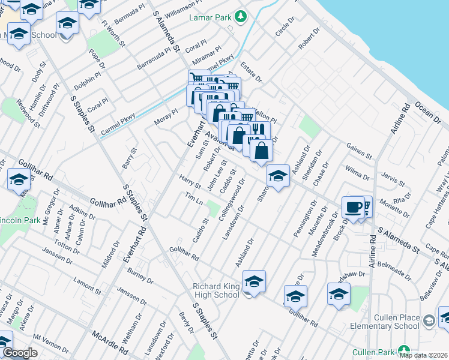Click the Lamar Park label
[210, 18]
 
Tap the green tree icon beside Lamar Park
[241, 17]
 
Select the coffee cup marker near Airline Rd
[353, 207]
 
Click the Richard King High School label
[215, 290]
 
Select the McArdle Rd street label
[110, 341]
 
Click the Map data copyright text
[424, 355]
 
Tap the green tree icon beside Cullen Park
[405, 350]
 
